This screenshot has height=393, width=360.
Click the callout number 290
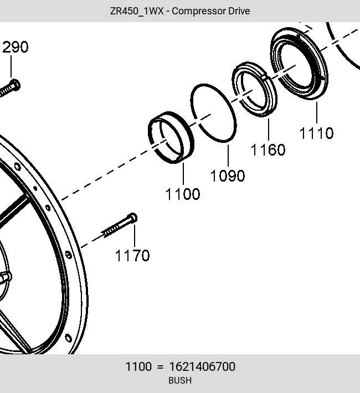tap(16, 47)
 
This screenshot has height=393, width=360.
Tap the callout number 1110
tap(317, 133)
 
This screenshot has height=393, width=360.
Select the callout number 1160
tap(268, 149)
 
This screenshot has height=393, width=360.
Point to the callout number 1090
tap(228, 175)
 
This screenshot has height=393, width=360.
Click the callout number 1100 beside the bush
tap(183, 194)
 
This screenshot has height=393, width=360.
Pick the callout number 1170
tap(132, 256)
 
